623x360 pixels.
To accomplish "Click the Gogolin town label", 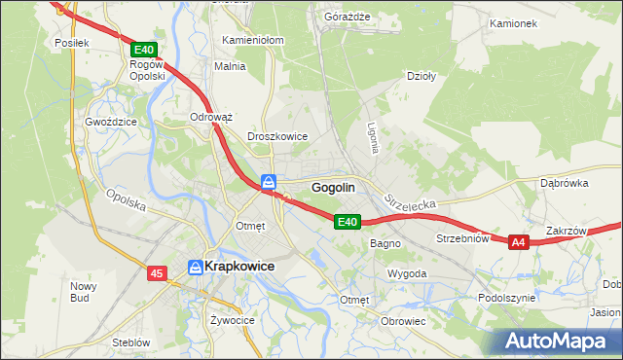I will [x=333, y=187].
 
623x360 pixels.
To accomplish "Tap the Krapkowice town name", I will [x=238, y=266].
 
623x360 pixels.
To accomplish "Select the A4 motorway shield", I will [x=518, y=241].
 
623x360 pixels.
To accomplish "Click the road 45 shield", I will [x=158, y=275].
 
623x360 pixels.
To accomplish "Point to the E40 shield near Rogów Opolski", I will [x=142, y=49].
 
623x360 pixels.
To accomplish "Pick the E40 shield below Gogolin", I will [x=348, y=222].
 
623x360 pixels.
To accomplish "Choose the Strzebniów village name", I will [x=461, y=237].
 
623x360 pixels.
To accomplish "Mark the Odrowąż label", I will [x=211, y=117].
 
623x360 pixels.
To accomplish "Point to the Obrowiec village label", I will [x=404, y=321].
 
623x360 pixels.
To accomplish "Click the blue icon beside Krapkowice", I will [x=195, y=266].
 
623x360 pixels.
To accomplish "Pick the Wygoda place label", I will [x=407, y=274].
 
